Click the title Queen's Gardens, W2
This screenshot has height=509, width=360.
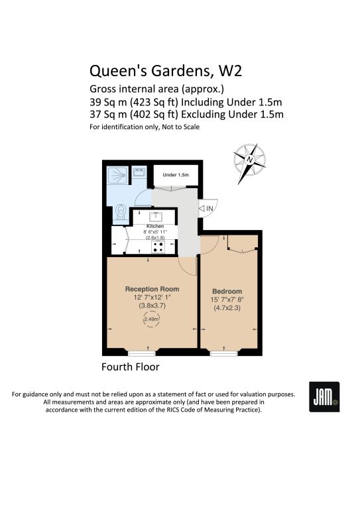[166, 72]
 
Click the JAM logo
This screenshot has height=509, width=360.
[324, 397]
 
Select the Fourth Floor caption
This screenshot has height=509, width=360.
[131, 367]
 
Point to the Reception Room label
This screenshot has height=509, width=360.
[152, 289]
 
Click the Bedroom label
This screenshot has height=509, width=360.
[227, 291]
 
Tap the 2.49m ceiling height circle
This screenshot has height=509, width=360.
[151, 319]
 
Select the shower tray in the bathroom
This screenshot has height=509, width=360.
[117, 176]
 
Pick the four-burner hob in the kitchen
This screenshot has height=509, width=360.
[158, 247]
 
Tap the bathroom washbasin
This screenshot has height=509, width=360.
[140, 172]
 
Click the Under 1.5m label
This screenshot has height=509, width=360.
[176, 175]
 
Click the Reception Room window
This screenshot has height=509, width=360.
[142, 353]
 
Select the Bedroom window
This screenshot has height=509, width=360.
[224, 353]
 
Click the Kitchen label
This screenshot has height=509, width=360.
[155, 226]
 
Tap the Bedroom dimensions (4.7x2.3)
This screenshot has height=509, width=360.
[227, 308]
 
